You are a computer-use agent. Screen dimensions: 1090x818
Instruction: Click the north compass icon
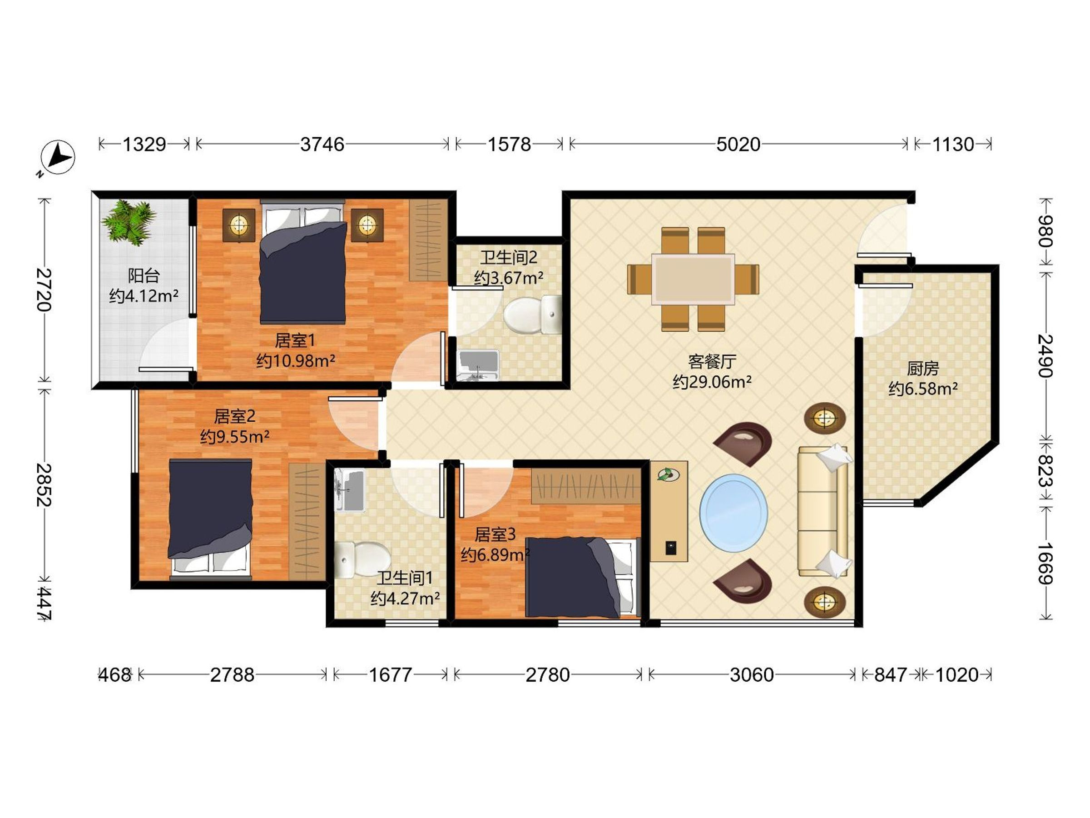point(58,158)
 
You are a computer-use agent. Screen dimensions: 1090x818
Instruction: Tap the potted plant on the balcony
point(129,222)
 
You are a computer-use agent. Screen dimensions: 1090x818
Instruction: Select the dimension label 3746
point(322,145)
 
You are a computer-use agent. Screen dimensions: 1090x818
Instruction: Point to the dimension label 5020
point(738,145)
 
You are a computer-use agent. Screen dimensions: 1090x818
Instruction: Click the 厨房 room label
point(923,368)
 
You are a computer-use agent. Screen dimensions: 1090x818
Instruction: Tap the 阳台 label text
point(144,275)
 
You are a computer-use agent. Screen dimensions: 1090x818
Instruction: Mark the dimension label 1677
point(391,674)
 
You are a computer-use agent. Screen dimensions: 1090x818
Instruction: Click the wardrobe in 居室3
point(586,486)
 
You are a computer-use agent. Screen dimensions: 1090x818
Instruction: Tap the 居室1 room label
point(295,340)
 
